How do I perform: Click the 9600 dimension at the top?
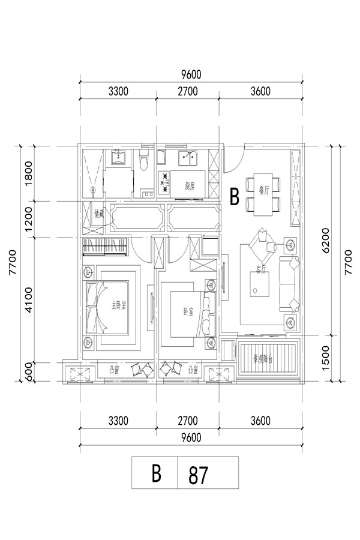pyautogui.click(x=190, y=74)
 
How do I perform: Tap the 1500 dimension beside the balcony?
pyautogui.click(x=326, y=358)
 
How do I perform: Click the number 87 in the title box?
pyautogui.click(x=198, y=475)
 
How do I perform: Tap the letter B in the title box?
pyautogui.click(x=156, y=475)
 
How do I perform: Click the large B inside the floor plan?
pyautogui.click(x=235, y=197)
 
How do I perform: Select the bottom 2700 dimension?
pyautogui.click(x=187, y=421)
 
